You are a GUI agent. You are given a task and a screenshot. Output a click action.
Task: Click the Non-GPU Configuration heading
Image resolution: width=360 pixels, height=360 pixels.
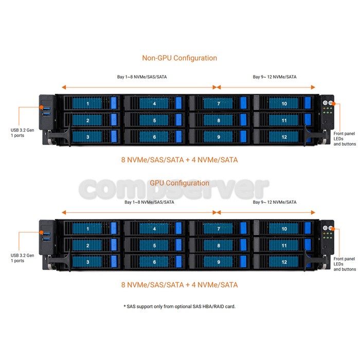179,58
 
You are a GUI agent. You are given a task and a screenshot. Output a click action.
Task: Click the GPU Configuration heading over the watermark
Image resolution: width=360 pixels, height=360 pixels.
179,183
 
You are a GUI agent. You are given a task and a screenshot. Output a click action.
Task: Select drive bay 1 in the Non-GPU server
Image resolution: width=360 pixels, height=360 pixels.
92,103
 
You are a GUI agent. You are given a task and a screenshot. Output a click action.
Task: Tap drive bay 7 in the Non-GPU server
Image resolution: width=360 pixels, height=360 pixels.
219,103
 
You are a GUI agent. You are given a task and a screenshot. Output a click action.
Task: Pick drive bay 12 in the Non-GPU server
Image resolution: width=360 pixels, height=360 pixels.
284,137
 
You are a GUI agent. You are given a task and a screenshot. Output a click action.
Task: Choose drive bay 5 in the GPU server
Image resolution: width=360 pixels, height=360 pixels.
154,245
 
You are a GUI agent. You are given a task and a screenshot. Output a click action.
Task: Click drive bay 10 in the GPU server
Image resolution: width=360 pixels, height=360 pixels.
284,228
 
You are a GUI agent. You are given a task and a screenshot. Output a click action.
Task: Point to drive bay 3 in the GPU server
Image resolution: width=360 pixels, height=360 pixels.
92,262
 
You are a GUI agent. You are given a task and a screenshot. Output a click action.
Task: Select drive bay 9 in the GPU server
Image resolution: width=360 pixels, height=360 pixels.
219,262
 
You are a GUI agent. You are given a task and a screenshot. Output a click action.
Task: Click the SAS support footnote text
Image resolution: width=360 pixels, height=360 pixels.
179,307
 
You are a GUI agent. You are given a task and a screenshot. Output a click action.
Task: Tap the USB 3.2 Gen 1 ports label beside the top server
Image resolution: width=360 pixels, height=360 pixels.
22,133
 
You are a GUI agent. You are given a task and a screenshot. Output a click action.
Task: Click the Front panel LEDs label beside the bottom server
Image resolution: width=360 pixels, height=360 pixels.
345,264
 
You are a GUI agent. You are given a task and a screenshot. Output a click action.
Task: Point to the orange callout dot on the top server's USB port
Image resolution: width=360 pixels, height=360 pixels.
41,107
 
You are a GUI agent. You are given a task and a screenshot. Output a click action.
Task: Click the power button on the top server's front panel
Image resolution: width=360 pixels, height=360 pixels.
325,103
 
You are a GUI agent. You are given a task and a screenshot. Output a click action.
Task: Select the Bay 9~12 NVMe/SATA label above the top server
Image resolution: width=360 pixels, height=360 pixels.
275,77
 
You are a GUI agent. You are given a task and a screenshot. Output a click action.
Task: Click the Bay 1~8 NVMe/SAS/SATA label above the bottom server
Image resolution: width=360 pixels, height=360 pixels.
149,202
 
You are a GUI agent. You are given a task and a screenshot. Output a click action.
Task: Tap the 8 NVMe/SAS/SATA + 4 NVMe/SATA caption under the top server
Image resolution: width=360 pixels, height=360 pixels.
179,160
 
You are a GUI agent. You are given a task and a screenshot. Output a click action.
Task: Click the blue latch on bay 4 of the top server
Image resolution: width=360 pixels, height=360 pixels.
178,103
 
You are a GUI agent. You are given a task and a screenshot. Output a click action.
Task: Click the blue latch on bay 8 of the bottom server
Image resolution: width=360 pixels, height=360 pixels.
243,245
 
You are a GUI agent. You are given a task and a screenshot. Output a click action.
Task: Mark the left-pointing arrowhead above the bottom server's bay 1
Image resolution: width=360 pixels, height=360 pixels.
64,212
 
